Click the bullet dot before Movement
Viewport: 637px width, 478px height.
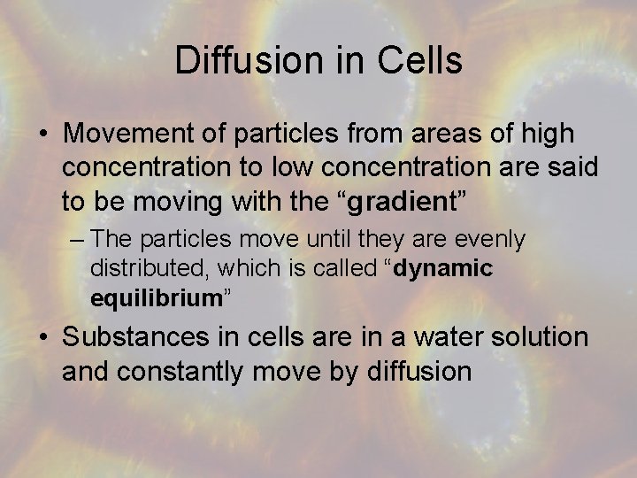43,135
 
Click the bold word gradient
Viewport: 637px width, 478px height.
400,201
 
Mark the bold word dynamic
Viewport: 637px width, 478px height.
442,268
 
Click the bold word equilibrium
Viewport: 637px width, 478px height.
156,297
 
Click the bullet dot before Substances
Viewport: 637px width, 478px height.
43,338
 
